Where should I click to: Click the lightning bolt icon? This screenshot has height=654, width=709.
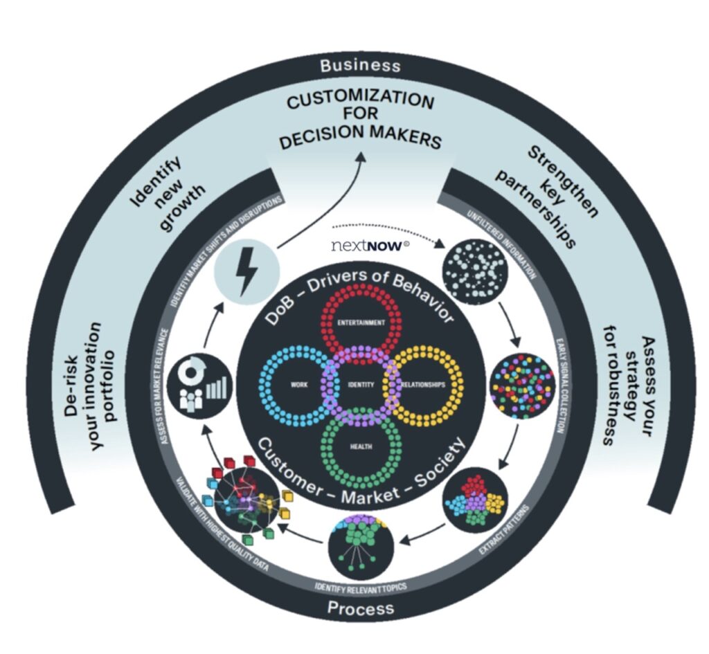tap(247, 271)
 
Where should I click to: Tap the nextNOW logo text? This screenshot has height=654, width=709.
tap(370, 246)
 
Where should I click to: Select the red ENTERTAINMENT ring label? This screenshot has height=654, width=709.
tap(361, 323)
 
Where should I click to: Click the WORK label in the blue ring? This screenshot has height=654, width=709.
tap(299, 385)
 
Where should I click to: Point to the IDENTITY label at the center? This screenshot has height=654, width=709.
tap(361, 385)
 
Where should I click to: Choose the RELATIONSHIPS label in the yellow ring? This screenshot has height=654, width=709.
tap(423, 385)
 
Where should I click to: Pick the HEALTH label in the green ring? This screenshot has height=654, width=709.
tap(361, 446)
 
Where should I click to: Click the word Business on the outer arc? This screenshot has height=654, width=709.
tap(360, 66)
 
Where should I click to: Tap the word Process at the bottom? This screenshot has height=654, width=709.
tap(360, 608)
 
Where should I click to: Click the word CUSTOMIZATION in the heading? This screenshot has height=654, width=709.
tap(360, 100)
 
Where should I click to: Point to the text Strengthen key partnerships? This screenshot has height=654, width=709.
tap(547, 196)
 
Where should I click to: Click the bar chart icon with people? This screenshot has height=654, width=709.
tap(200, 385)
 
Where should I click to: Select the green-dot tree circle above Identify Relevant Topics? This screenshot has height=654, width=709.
tap(361, 547)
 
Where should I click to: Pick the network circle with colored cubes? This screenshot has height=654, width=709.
tap(246, 500)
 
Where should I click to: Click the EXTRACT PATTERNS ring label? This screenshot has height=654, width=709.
tap(503, 529)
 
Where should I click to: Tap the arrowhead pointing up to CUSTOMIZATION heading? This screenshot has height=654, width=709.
tap(361, 156)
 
